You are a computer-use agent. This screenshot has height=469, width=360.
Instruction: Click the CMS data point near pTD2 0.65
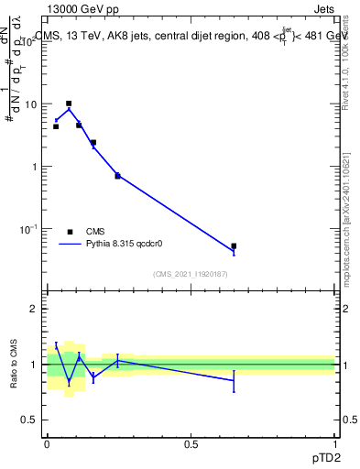pyautogui.click(x=234, y=246)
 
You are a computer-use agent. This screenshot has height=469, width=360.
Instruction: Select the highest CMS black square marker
pyautogui.click(x=69, y=104)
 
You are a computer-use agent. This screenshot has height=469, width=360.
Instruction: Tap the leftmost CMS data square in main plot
pyautogui.click(x=56, y=126)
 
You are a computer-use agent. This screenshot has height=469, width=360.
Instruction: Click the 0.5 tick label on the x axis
pyautogui.click(x=191, y=444)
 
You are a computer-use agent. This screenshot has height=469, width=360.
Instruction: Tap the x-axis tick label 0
pyautogui.click(x=47, y=444)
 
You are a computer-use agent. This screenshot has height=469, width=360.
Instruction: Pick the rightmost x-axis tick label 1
pyautogui.click(x=335, y=444)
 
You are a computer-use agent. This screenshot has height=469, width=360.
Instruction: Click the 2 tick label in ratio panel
pyautogui.click(x=34, y=310)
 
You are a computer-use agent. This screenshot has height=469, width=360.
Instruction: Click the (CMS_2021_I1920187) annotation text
pyautogui.click(x=191, y=274)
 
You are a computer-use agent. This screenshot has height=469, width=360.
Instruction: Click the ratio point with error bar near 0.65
pyautogui.click(x=234, y=380)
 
